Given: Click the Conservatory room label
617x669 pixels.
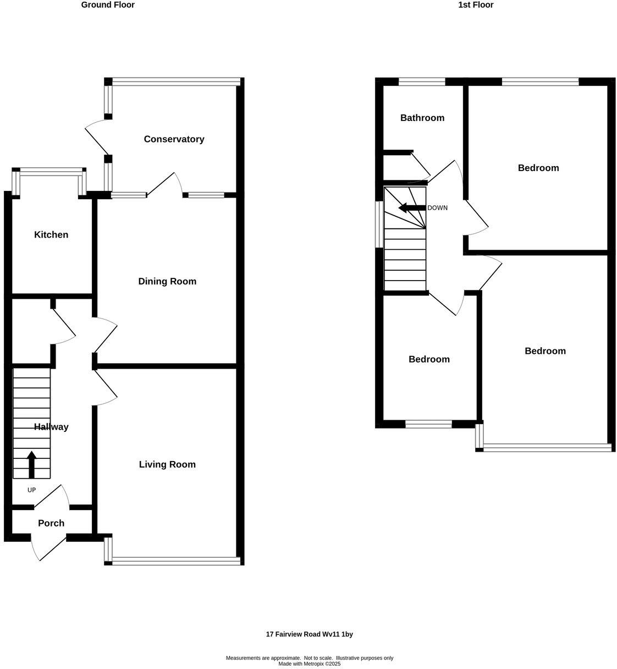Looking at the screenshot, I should [x=174, y=139].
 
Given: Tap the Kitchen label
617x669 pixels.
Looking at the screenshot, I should [x=51, y=235].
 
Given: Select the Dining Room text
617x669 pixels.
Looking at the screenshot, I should [x=167, y=282].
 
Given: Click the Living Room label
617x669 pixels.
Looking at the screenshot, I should [x=167, y=464].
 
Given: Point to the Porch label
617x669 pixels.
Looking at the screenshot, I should [x=51, y=523].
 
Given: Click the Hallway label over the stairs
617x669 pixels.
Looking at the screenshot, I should [x=51, y=427].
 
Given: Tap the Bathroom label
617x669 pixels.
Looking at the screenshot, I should [x=422, y=118].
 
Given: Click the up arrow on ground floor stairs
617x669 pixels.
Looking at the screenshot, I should [x=31, y=464].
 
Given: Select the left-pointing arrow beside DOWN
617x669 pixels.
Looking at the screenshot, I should [x=411, y=208].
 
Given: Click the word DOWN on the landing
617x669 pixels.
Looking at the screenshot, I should [x=437, y=208].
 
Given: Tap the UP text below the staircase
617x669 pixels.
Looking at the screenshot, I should [x=31, y=490].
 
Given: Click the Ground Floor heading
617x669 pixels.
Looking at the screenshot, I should [x=108, y=5].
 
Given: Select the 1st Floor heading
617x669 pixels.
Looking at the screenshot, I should [x=476, y=5].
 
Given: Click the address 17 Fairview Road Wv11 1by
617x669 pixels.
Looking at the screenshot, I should [x=309, y=634].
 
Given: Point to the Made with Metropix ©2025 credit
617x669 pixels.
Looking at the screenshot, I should [x=309, y=663].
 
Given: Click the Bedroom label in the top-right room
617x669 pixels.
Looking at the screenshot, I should [x=538, y=168].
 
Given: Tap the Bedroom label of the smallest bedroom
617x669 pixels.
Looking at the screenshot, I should [x=429, y=359].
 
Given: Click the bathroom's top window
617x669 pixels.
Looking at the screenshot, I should [x=422, y=82].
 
